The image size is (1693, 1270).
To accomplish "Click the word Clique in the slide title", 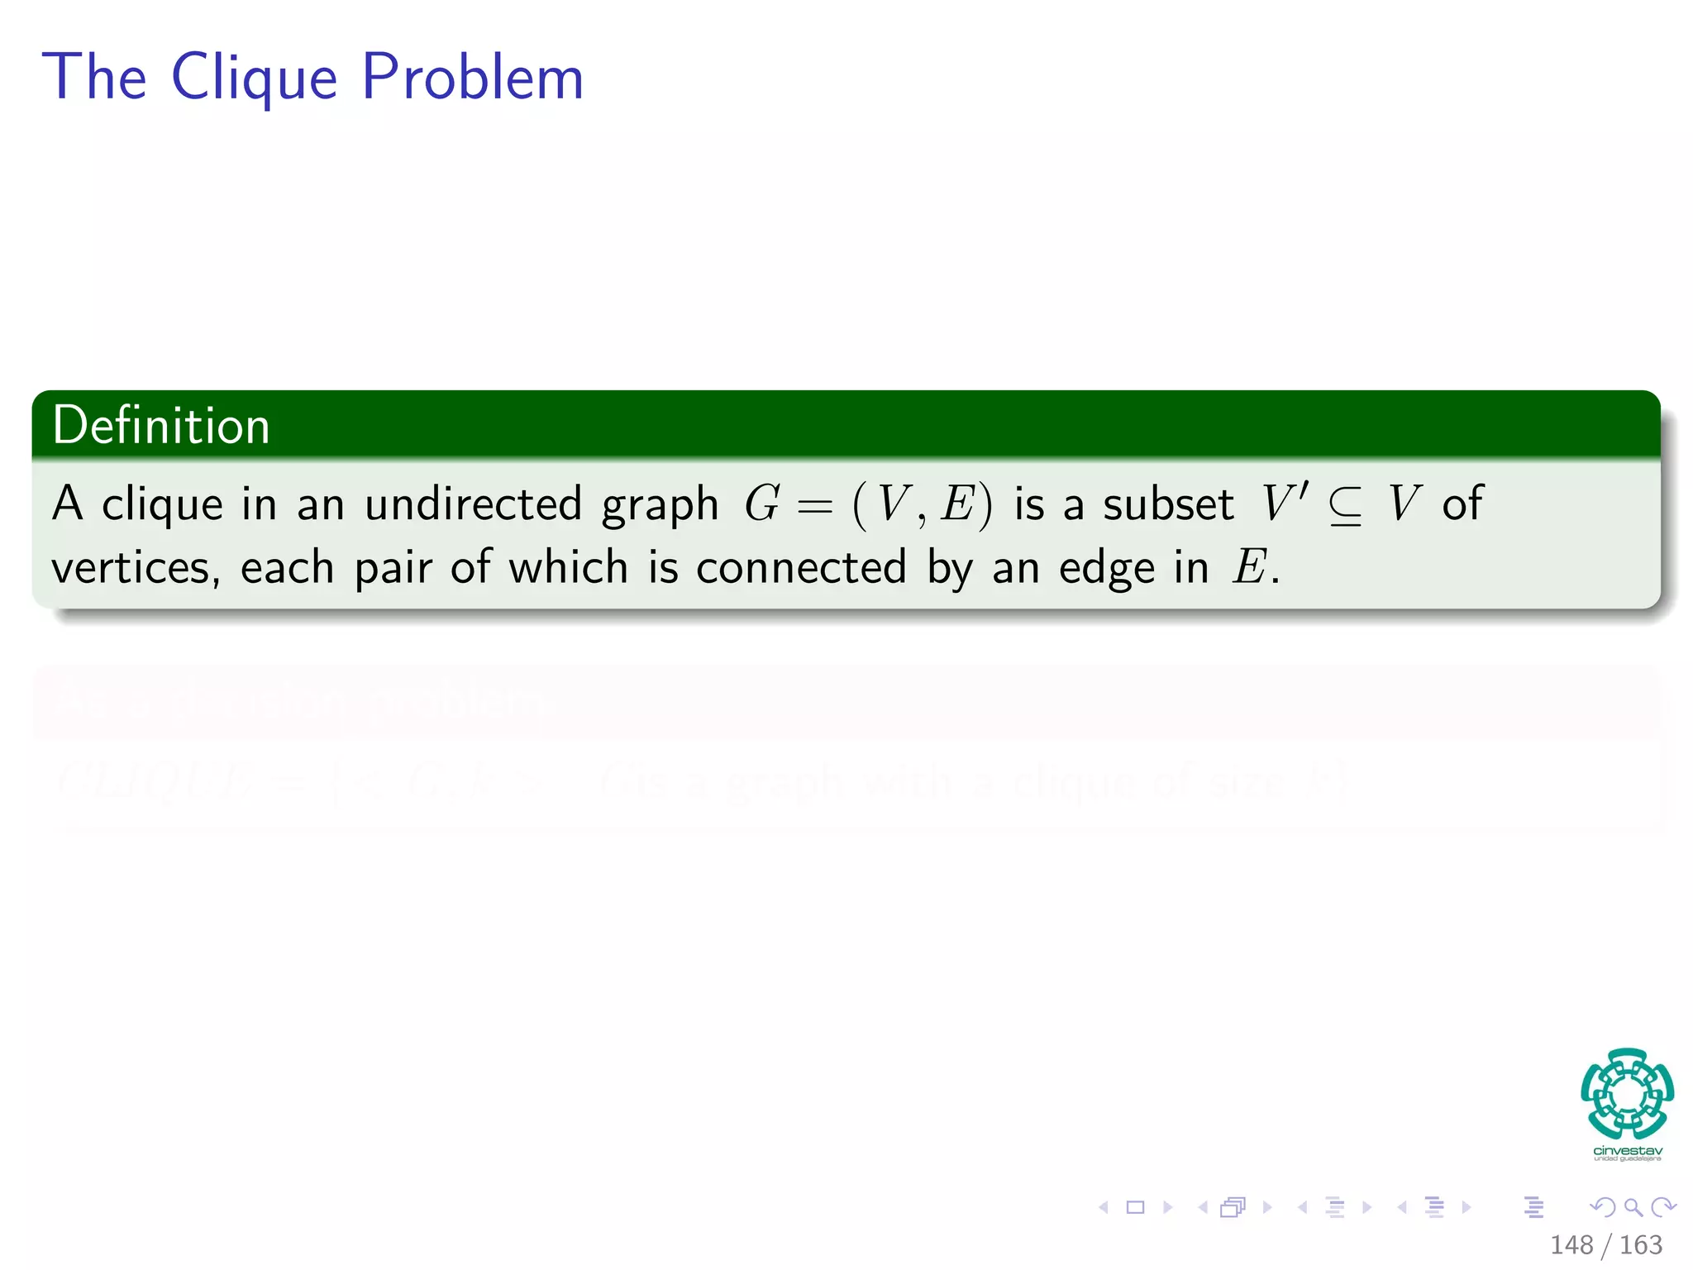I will click(254, 78).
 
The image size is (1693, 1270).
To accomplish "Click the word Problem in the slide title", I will click(472, 78).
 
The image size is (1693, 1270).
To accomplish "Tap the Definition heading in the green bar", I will click(161, 426).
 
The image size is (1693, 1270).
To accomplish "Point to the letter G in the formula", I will click(761, 504).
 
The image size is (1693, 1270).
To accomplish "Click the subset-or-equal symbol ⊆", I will click(1345, 505).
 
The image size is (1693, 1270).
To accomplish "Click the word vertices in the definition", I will click(135, 568).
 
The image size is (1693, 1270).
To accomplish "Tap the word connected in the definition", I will click(800, 568).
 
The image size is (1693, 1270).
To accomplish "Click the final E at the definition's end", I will click(1248, 568).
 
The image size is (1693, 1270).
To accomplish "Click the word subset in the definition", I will click(1168, 504).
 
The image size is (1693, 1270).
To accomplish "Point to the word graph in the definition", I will click(660, 505).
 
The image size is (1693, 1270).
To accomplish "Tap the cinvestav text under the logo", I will click(1627, 1151).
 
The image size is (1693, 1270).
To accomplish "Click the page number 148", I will click(1571, 1244).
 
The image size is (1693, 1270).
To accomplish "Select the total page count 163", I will click(1640, 1244).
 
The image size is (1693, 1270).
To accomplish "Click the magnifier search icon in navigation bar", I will click(1633, 1207).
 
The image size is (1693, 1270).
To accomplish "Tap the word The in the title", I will click(95, 78).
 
